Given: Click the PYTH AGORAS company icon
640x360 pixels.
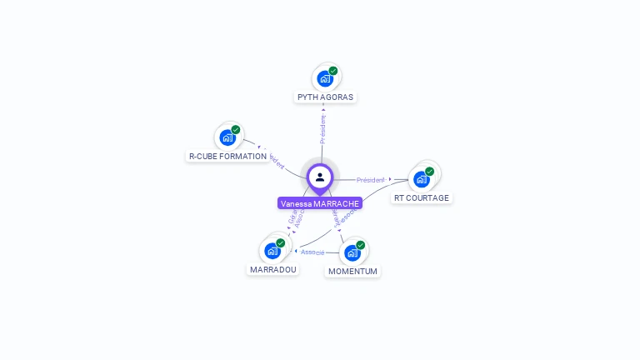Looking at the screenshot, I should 324,79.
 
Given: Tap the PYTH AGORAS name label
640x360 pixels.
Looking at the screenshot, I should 325,97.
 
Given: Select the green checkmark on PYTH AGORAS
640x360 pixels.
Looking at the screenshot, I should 333,71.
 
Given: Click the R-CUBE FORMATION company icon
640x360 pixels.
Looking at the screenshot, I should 227,138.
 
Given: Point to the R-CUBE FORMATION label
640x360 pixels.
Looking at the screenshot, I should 227,156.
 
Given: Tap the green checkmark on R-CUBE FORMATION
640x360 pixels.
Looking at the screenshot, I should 236,130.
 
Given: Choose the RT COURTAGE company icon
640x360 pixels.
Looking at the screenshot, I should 422,179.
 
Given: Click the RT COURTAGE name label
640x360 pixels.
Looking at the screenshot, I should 422,197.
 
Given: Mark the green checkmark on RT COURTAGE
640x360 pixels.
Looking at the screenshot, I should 430,171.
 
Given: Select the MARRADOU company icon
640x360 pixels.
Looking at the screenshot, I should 272,251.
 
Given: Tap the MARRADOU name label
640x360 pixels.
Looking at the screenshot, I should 273,269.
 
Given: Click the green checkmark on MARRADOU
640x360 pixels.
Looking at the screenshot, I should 281,242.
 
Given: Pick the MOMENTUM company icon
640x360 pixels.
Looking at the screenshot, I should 352,252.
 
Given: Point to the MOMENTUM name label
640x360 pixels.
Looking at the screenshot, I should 352,271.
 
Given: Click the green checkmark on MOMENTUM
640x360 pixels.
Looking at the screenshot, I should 361,245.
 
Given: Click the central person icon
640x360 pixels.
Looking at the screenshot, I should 320,177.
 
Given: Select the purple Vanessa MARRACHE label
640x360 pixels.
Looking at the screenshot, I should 320,203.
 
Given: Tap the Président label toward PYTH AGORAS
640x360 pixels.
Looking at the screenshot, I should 323,128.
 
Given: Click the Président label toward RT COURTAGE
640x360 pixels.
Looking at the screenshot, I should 371,180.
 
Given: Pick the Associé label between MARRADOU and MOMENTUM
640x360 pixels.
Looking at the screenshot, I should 312,252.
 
